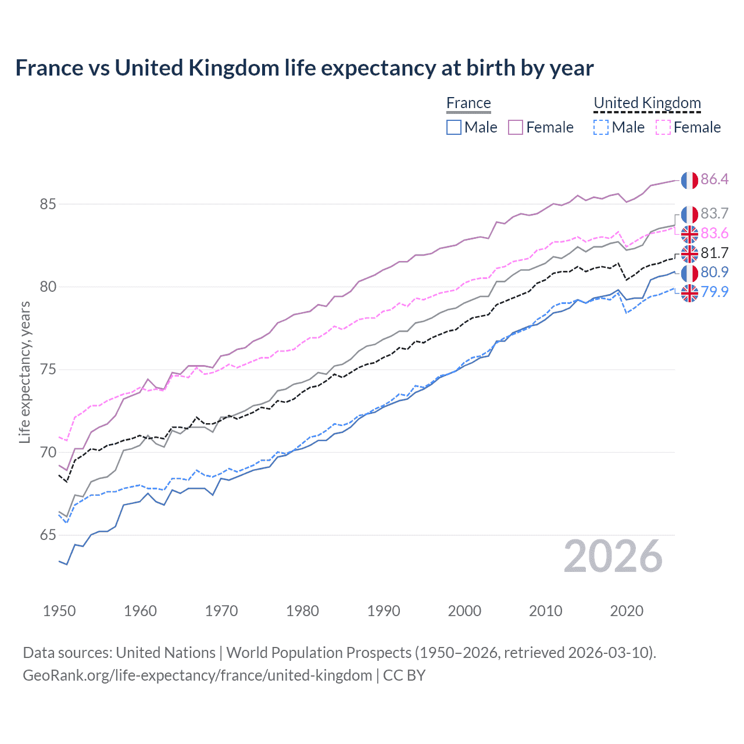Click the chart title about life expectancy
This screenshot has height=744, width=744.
[304, 68]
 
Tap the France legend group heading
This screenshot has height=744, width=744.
[468, 103]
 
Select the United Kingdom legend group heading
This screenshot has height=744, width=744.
[647, 103]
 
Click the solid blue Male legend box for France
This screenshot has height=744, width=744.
[454, 127]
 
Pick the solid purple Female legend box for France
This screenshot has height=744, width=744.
[516, 127]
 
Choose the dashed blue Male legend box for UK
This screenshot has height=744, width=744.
[601, 127]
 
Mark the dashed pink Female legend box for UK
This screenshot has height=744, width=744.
[663, 127]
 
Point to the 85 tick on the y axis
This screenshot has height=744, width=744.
[48, 205]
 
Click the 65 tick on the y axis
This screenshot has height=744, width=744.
[48, 535]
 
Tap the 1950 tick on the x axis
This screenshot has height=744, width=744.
[59, 611]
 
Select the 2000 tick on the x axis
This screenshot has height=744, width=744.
[464, 611]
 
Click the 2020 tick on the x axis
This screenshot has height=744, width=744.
[627, 611]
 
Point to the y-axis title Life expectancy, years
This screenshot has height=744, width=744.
[25, 372]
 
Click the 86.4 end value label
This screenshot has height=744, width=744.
[714, 180]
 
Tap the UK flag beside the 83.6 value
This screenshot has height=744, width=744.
[689, 234]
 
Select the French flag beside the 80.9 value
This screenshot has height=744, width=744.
[689, 273]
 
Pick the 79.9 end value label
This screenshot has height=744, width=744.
[714, 292]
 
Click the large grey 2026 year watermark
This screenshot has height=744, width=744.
[613, 557]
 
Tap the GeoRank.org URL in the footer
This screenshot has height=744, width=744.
[198, 675]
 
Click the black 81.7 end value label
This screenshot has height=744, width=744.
[714, 253]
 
